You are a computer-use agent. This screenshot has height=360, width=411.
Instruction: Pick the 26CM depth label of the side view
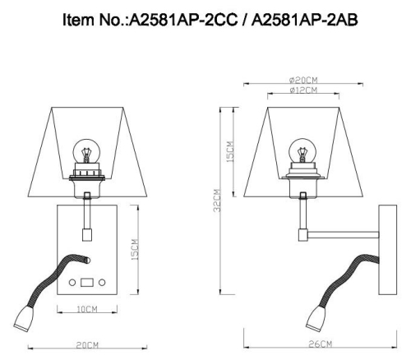[x=321, y=344]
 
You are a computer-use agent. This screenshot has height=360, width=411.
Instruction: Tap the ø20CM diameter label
[x=303, y=79]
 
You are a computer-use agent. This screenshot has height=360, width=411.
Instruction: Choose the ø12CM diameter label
[x=303, y=90]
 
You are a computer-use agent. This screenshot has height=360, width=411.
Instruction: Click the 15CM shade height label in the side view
[x=233, y=153]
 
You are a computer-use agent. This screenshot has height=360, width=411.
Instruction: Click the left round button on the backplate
[x=72, y=283]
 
